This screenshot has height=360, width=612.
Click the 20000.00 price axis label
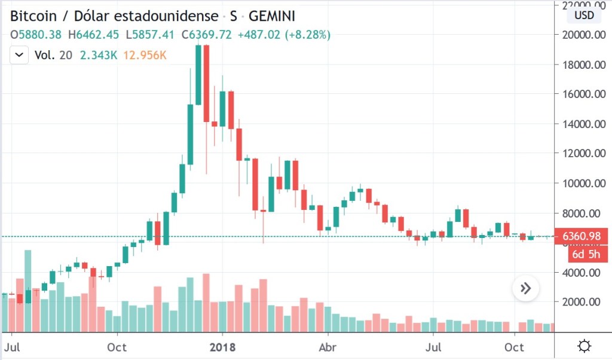(582, 35)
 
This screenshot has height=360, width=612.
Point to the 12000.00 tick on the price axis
(582, 153)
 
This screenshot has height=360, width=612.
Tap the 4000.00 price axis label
(582, 273)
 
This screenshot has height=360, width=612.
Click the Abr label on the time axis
(326, 347)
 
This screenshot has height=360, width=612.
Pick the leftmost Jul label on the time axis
(12, 347)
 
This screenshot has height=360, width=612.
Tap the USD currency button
(584, 16)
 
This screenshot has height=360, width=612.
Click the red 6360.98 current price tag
(582, 237)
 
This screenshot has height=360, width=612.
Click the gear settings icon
(585, 346)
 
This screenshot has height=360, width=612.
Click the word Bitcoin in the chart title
(35, 16)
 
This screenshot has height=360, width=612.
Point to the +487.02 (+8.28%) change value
(284, 35)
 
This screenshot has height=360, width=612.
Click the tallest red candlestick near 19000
(206, 84)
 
